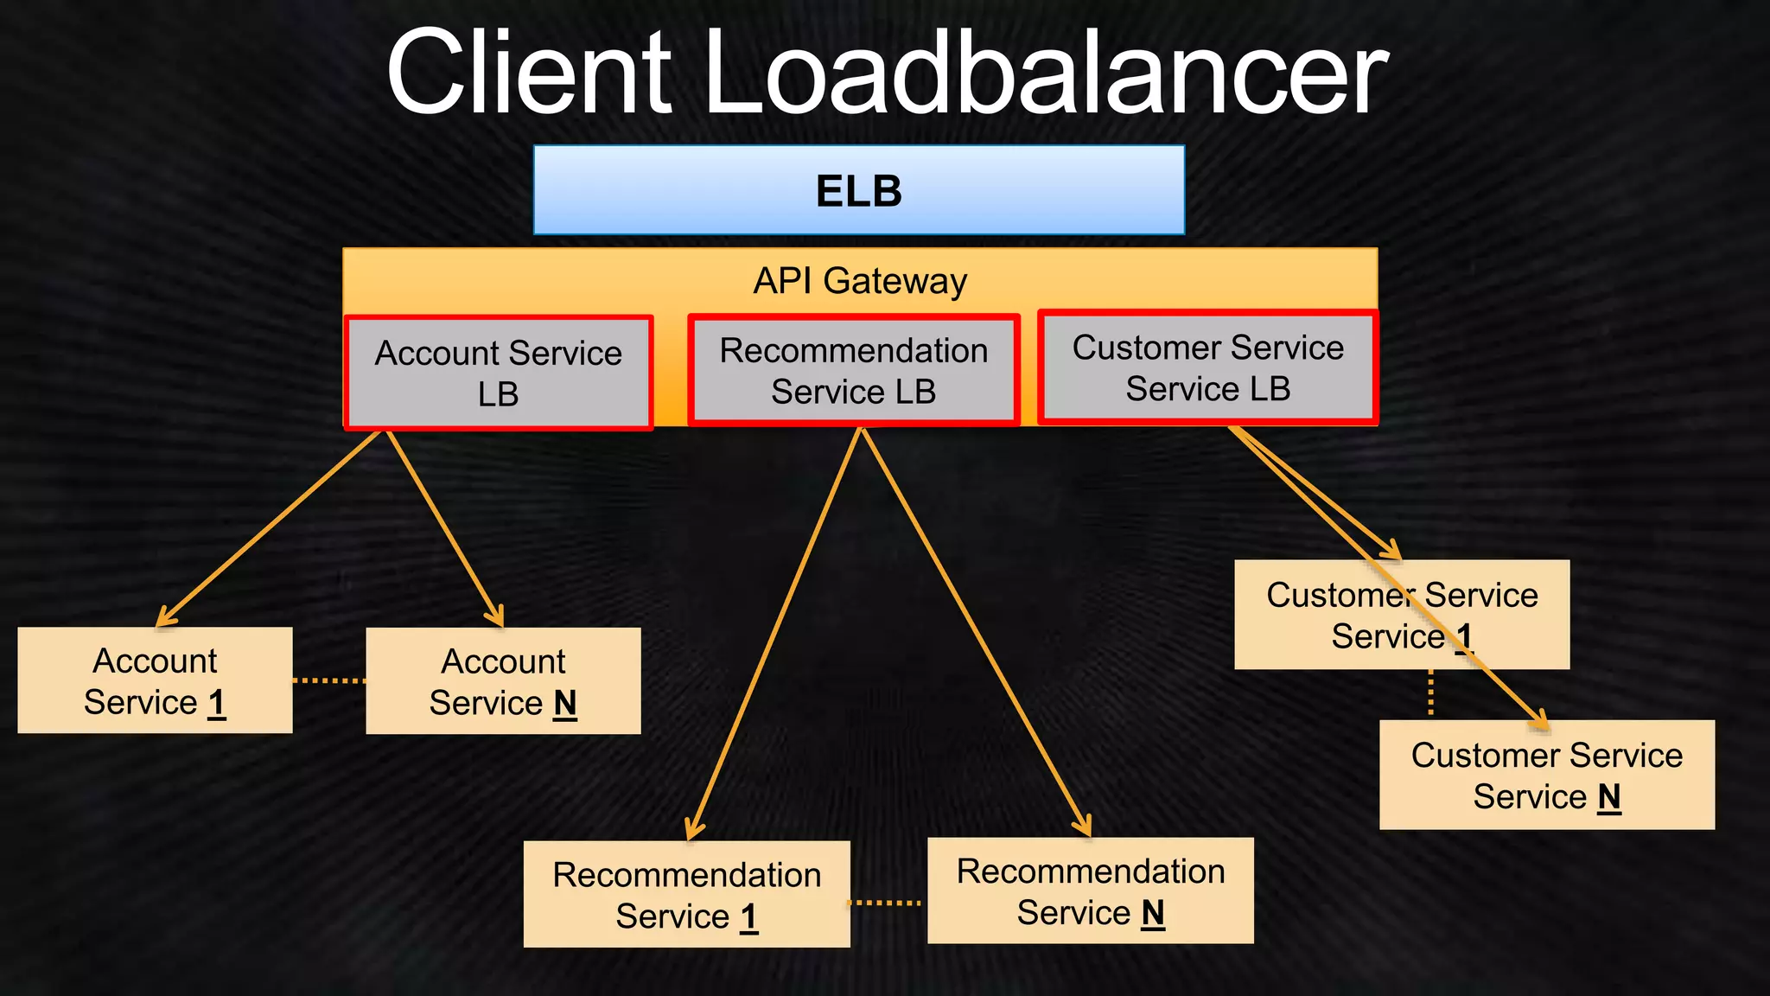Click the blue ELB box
click(x=858, y=190)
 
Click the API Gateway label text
click(x=859, y=281)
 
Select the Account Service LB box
click(x=498, y=373)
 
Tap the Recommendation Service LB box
click(x=853, y=371)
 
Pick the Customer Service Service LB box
click(x=1207, y=368)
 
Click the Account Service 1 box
click(x=155, y=680)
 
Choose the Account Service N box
click(x=503, y=681)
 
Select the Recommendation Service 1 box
click(x=686, y=895)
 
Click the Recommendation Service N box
click(x=1090, y=891)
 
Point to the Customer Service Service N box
click(x=1546, y=776)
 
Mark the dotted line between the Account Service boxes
click(x=329, y=681)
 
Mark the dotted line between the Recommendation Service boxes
click(x=887, y=903)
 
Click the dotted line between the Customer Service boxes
click(x=1430, y=694)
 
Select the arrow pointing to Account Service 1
click(x=268, y=529)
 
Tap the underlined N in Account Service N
click(x=565, y=704)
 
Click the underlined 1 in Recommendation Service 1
click(x=748, y=916)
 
